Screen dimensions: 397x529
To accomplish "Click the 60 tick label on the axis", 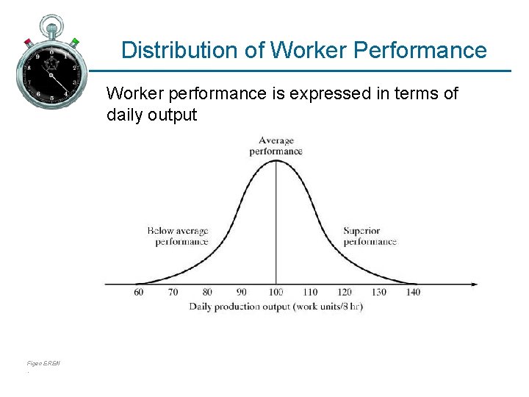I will [x=139, y=292].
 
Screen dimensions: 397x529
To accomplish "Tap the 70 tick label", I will [x=173, y=292].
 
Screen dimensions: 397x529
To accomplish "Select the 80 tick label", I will [x=207, y=292].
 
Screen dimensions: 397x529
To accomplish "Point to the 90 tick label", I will [x=241, y=292].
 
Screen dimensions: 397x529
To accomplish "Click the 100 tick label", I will [x=276, y=292].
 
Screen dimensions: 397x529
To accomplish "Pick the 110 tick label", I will [x=309, y=292].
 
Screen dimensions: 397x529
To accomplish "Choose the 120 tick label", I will [x=344, y=292].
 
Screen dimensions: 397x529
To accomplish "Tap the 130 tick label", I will [x=378, y=292].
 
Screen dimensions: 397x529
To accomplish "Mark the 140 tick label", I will [x=412, y=292].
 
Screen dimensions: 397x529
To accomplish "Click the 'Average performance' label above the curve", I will [x=276, y=146].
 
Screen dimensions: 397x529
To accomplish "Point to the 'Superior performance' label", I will [x=370, y=236].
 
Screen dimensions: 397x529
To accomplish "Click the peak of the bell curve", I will [x=276, y=160].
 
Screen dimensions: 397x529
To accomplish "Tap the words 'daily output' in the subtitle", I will [x=152, y=115].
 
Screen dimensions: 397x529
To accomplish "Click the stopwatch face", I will [x=51, y=73].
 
